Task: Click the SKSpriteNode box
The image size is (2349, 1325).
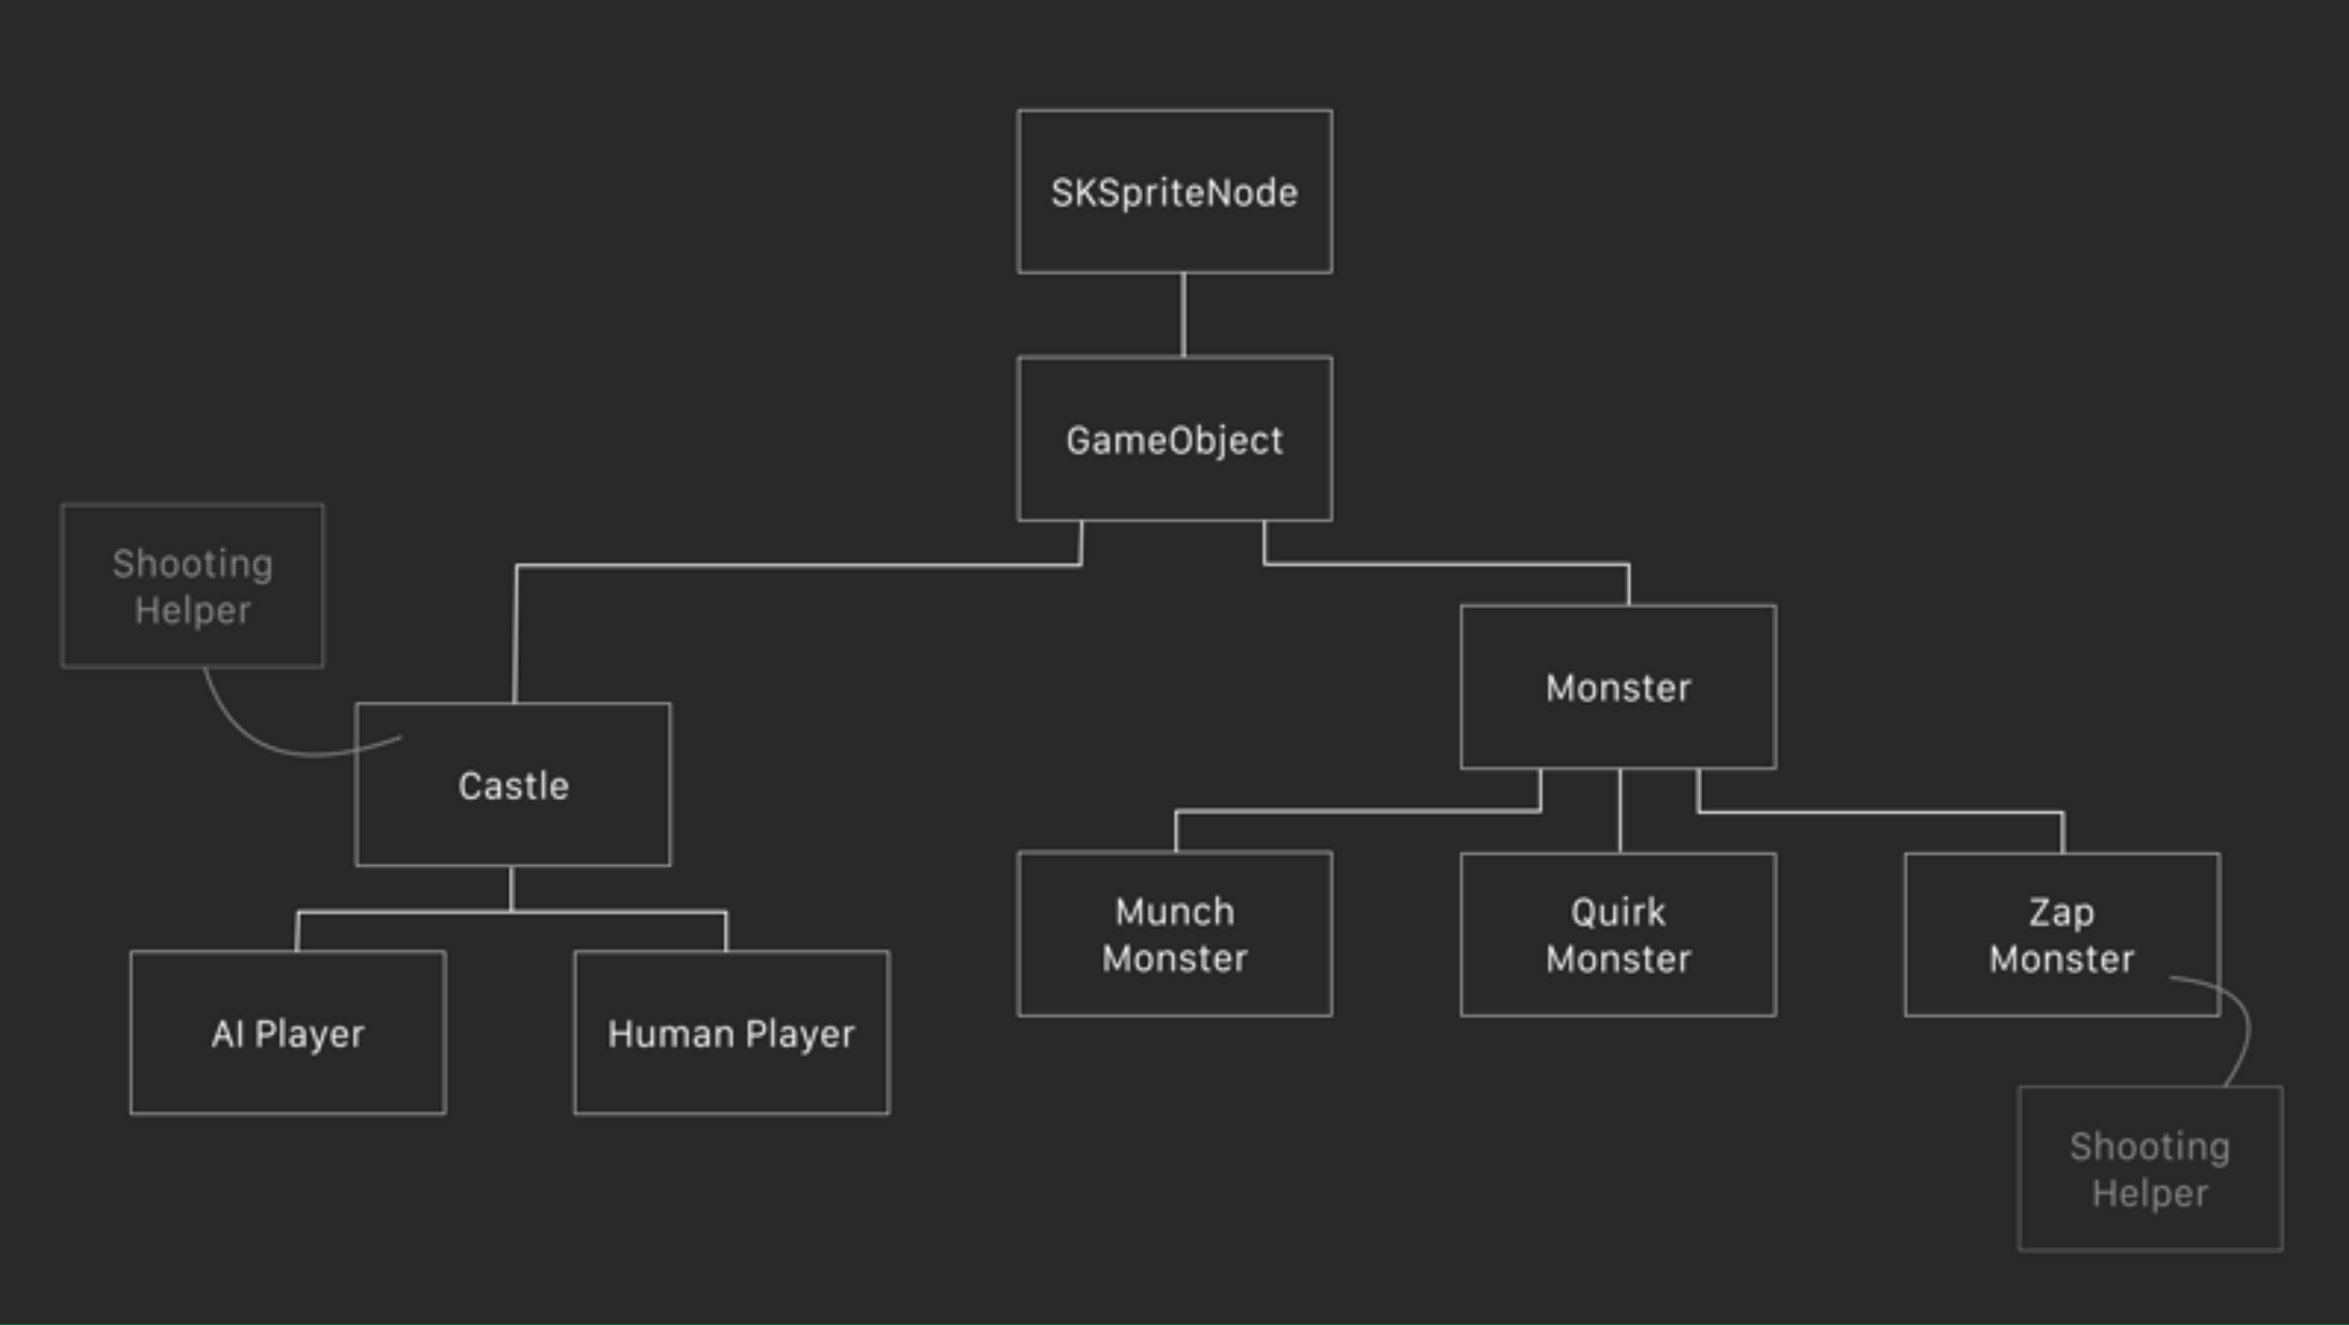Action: [1174, 192]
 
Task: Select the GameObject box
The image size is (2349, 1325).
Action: [1174, 440]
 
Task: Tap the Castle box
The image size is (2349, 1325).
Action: [513, 785]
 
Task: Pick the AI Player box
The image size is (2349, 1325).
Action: [288, 1033]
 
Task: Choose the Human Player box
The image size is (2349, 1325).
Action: [731, 1033]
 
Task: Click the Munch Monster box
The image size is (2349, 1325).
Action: [1174, 934]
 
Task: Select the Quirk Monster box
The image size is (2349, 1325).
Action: [1618, 934]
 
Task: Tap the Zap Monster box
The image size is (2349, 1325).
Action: [2062, 934]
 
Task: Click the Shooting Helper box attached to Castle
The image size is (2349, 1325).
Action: [193, 585]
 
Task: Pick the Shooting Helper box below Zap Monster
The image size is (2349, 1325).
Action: [2150, 1169]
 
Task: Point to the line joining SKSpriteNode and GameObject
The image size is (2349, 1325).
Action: [1183, 315]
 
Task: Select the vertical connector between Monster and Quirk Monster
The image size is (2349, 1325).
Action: [1620, 811]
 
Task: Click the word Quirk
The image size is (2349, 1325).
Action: [1618, 912]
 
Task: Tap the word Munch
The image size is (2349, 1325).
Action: [1174, 912]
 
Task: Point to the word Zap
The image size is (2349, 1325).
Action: [2062, 912]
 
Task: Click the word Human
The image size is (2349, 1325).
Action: [671, 1034]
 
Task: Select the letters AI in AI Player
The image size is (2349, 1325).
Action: [227, 1034]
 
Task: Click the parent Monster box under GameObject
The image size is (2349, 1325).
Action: [1618, 687]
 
